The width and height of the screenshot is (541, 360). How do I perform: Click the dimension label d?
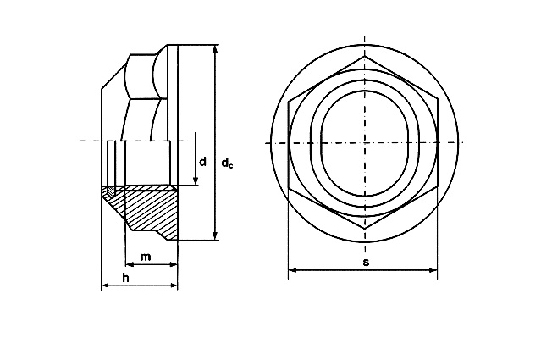(203, 161)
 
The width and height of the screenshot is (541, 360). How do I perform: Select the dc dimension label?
(227, 163)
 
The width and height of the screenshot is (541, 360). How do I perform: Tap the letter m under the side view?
(146, 257)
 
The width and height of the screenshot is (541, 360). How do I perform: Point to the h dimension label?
(125, 278)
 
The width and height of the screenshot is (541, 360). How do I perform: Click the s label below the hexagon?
(366, 262)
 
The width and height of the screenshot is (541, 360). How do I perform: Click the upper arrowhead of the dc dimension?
(215, 49)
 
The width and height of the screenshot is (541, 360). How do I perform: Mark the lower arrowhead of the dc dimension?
(215, 235)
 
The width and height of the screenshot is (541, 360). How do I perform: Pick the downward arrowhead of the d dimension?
(196, 180)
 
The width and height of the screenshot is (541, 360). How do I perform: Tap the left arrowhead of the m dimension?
(130, 264)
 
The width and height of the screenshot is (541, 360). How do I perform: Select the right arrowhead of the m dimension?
(173, 264)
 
